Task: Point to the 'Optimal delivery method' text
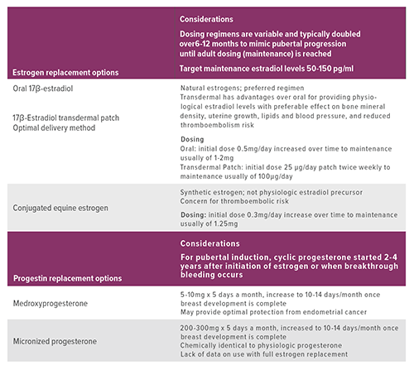(59, 127)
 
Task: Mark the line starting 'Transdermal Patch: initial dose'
(291, 167)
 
